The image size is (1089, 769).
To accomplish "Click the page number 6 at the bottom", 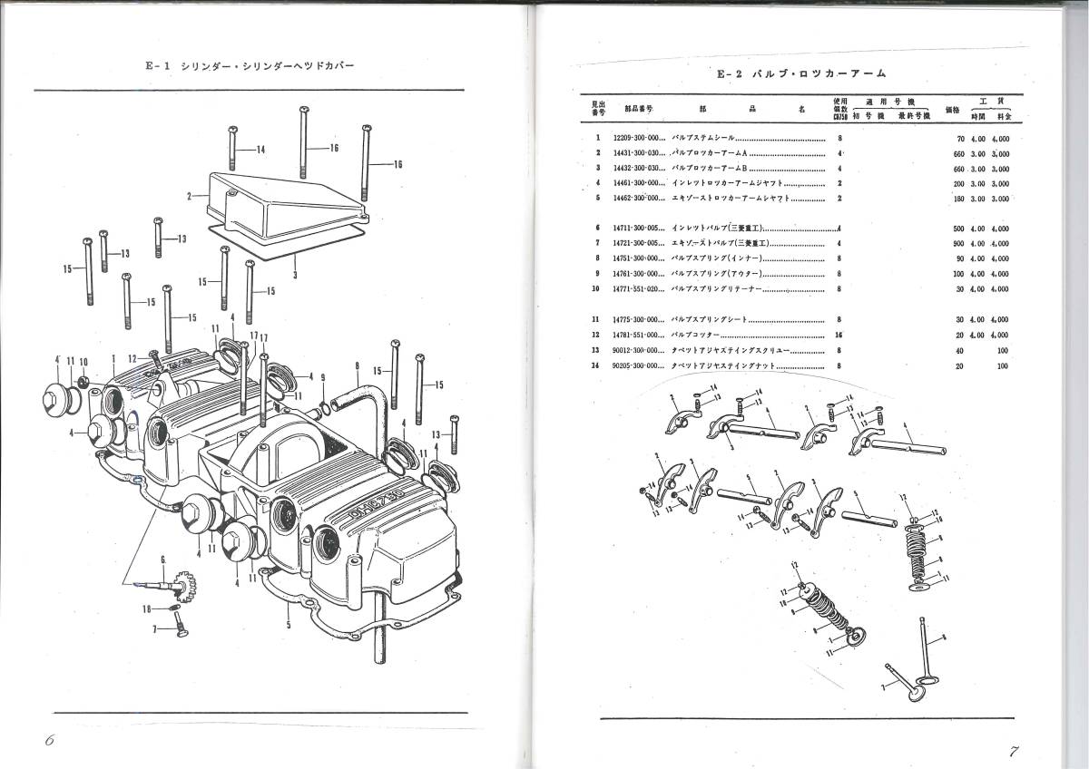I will coord(49,740).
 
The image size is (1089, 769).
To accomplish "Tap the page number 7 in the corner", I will coord(1015,751).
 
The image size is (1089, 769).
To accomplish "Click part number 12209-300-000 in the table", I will coord(638,139).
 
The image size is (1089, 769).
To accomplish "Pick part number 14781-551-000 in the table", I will coord(638,334).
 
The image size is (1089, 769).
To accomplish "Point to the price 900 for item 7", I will coord(959,243).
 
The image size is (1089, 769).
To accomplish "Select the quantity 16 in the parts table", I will coord(839,334).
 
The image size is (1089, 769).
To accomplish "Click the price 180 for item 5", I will coord(959,198).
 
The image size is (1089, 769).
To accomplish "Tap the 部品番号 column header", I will coord(639,107).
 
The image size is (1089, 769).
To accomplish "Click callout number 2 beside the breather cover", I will coord(189,195).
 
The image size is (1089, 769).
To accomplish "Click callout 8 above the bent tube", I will coord(358,367).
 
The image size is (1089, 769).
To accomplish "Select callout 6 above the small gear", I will coord(162,559).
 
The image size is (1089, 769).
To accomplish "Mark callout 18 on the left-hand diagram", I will coord(147,609).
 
